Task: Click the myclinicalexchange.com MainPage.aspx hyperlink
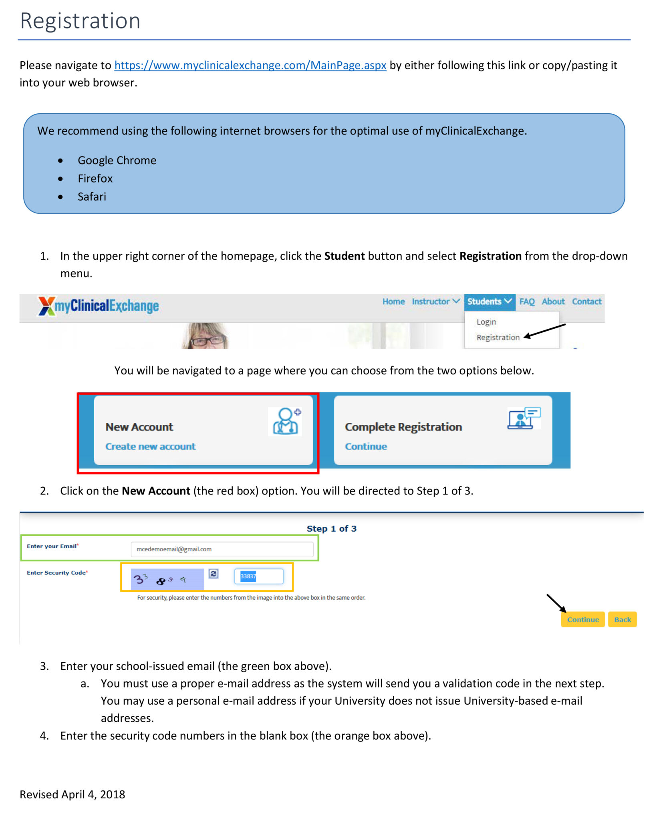coord(250,65)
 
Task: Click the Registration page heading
coord(80,21)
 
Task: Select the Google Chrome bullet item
coord(117,161)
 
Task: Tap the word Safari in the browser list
coord(92,197)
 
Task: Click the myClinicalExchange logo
coord(99,306)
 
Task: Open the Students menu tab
coord(489,301)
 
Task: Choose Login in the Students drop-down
coord(486,322)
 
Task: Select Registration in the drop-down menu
coord(498,338)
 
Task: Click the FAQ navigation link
coord(527,301)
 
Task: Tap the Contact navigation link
coord(586,301)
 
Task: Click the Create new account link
coord(150,446)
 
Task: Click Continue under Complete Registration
coord(366,446)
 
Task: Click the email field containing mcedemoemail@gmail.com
coord(222,549)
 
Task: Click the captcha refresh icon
coord(214,574)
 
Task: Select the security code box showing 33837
coord(258,576)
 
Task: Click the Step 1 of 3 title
coord(331,529)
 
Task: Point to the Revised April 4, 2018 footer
coord(73,794)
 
